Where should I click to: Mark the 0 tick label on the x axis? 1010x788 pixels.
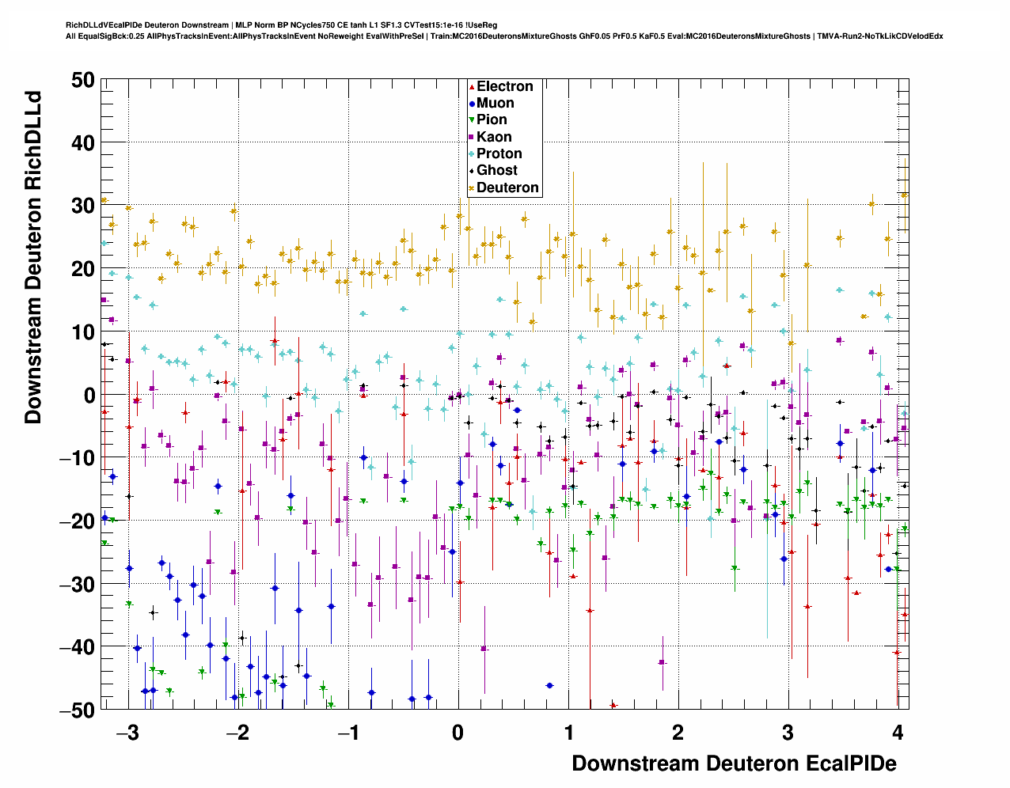pyautogui.click(x=458, y=733)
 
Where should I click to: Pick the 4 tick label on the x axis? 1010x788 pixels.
pyautogui.click(x=898, y=733)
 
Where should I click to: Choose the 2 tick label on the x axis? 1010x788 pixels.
pyautogui.click(x=678, y=733)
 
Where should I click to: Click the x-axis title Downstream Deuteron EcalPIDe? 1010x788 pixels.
pyautogui.click(x=734, y=763)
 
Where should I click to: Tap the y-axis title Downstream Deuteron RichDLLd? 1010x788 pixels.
pyautogui.click(x=33, y=257)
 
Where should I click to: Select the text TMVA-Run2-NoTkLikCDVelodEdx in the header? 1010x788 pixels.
pyautogui.click(x=880, y=36)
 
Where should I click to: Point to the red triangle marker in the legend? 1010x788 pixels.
pyautogui.click(x=472, y=86)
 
